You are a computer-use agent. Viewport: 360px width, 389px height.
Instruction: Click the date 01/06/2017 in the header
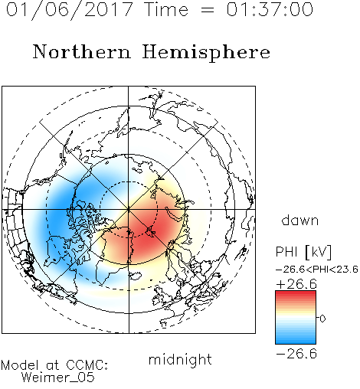70,10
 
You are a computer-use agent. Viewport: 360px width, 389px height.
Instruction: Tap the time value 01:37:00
270,9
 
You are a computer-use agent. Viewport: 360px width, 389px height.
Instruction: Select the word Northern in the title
82,52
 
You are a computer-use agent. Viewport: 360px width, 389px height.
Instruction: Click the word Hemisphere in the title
206,53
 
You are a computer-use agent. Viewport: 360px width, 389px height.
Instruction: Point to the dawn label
300,221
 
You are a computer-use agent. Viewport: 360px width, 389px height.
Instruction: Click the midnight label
180,359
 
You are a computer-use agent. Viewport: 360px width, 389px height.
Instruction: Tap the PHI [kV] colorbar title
303,253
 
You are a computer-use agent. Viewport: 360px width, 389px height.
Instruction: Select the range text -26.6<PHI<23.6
317,270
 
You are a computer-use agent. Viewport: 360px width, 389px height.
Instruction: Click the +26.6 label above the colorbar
296,284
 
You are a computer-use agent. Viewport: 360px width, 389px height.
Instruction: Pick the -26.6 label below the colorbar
296,354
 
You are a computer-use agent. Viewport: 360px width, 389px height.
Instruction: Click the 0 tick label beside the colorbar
322,319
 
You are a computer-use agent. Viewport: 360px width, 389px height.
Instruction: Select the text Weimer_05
58,378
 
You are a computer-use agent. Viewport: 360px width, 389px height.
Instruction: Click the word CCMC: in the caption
87,365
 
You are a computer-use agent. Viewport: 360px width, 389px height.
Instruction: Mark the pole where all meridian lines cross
129,209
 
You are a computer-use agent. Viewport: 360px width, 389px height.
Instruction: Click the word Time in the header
166,9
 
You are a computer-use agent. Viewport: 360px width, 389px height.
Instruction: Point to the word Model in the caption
20,365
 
